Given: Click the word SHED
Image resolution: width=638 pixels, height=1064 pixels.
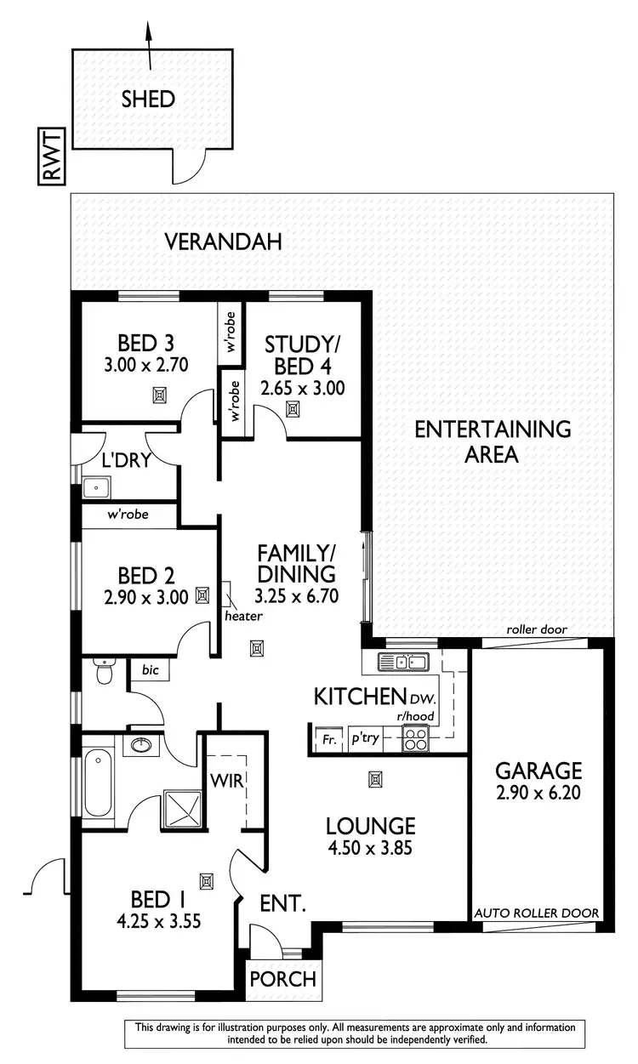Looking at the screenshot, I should (x=148, y=100).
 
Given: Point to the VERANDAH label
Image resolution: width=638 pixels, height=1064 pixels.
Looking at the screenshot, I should (x=223, y=242).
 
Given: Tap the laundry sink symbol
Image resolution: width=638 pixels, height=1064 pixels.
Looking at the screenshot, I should (x=96, y=488).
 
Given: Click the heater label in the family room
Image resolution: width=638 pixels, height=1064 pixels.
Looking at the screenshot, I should (x=244, y=616).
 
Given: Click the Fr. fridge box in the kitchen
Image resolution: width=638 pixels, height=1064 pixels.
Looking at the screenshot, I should (x=326, y=741).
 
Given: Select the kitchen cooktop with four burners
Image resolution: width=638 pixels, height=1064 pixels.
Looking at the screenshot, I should (x=416, y=740).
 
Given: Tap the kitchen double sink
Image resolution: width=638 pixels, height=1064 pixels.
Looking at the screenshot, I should (x=404, y=662).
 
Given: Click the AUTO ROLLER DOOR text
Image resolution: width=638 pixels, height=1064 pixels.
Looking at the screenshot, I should (x=538, y=913).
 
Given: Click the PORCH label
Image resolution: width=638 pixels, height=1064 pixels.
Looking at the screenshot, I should (x=282, y=978).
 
